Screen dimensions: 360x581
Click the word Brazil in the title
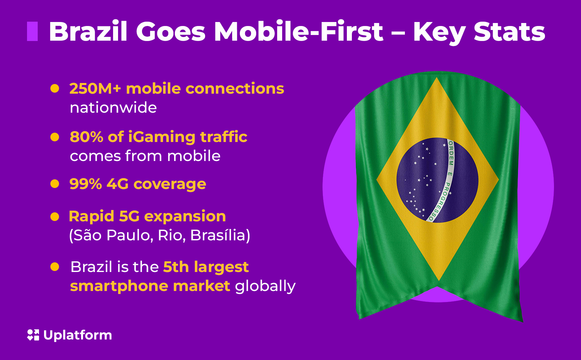tap(88, 32)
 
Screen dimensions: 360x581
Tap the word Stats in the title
tap(509, 32)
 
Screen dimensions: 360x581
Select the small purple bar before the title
tap(32, 31)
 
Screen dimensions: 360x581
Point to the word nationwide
tap(113, 108)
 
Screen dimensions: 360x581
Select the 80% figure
tap(86, 137)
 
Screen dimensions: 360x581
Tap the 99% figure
tap(85, 184)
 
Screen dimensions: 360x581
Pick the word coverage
tap(170, 184)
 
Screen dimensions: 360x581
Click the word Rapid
tap(91, 216)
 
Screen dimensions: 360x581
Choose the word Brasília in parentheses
tap(219, 235)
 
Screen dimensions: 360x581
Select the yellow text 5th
tap(176, 267)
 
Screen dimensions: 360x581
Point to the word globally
tap(265, 286)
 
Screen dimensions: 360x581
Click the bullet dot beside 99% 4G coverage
tap(55, 184)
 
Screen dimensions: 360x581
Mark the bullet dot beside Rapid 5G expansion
tap(55, 217)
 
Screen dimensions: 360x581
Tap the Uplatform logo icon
tap(33, 335)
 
